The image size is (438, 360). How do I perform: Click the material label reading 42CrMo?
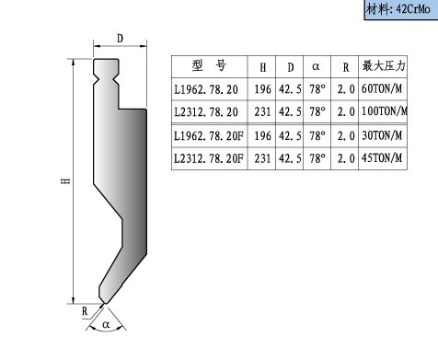pos(413,9)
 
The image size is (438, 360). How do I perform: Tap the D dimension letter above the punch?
pos(120,39)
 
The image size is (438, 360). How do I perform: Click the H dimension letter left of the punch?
pos(65,181)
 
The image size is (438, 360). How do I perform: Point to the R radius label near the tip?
pos(85,311)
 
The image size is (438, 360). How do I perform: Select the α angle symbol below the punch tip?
pos(106,324)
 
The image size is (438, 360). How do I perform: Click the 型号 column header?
pos(209,65)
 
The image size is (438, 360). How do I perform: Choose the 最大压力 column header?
pos(384,65)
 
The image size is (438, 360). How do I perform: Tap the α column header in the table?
pos(316,66)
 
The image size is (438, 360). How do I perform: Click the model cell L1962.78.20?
pos(206,89)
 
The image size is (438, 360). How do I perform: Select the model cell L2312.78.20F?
pos(209,158)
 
